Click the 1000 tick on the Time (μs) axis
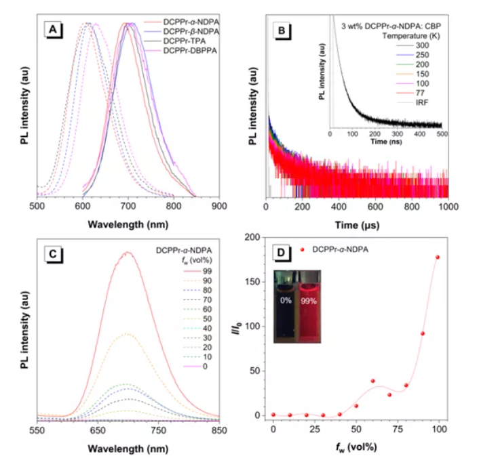(x=448, y=207)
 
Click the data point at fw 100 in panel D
(x=438, y=257)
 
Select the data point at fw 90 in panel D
(x=421, y=333)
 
